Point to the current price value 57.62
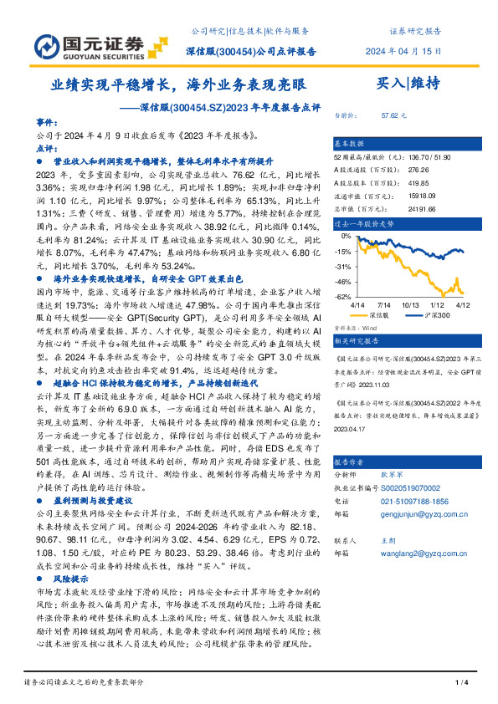393,116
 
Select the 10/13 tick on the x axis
411,305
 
